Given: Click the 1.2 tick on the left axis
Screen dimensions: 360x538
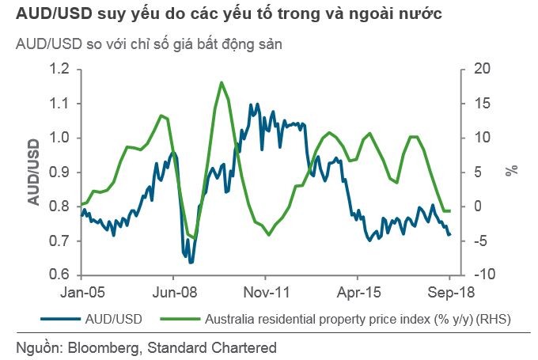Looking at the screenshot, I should click(x=60, y=70).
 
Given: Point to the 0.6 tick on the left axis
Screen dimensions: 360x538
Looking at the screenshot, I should click(x=60, y=275).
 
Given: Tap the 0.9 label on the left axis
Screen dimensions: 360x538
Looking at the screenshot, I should click(x=60, y=172).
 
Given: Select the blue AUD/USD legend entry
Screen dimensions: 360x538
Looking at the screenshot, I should click(x=112, y=320).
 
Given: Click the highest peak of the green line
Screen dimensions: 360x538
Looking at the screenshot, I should click(x=222, y=82).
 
